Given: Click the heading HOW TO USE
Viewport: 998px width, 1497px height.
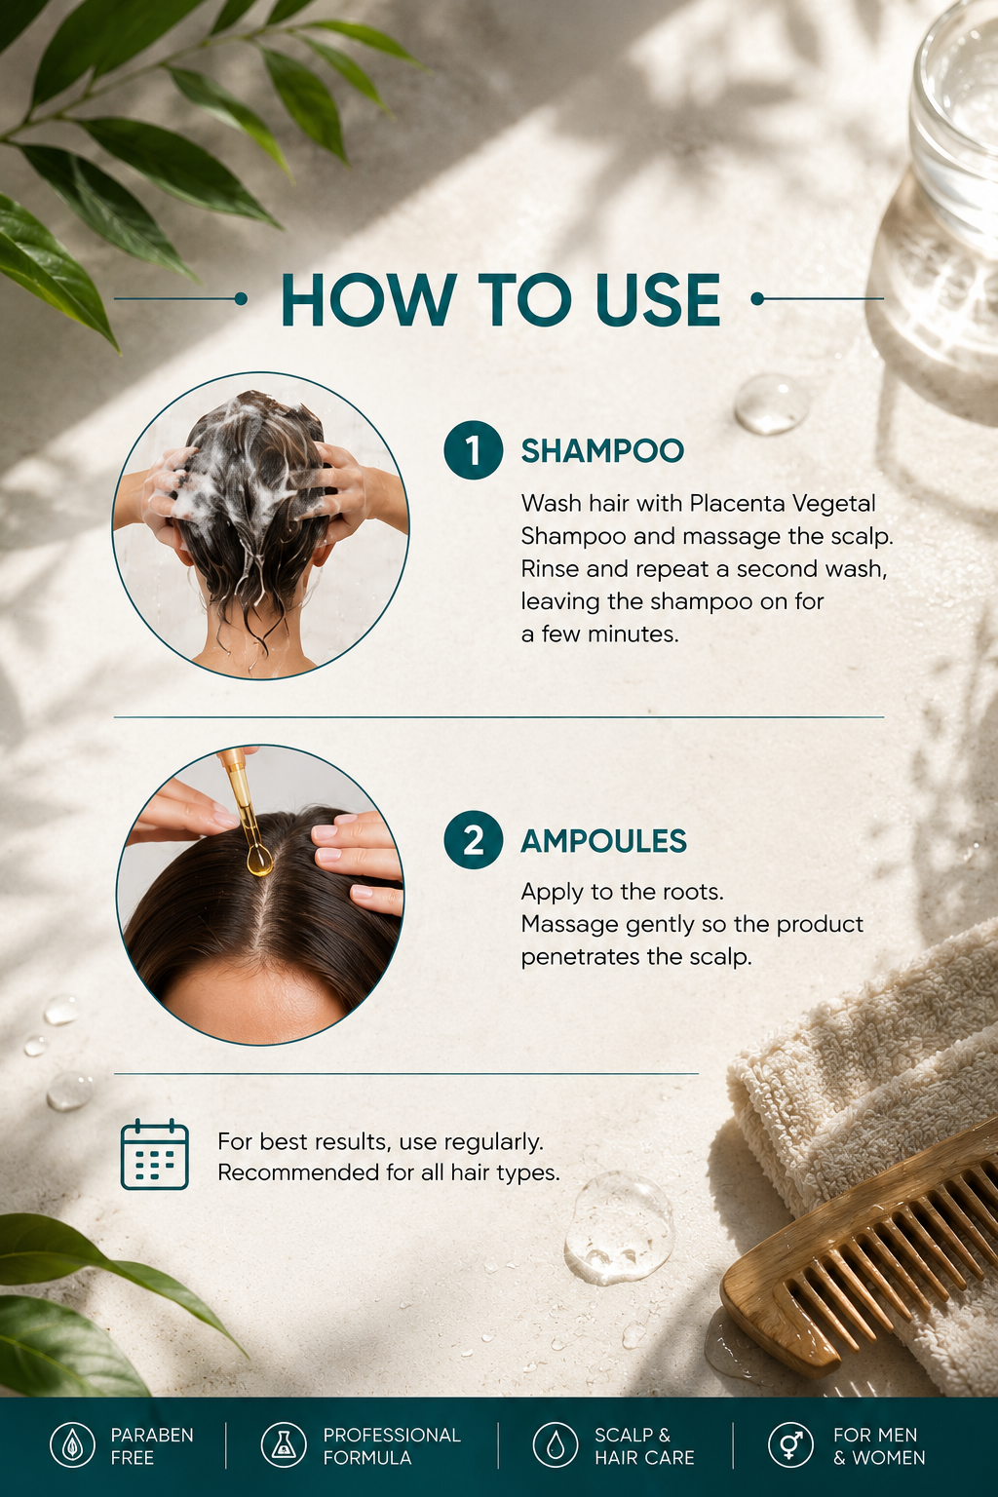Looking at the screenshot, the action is pos(500,300).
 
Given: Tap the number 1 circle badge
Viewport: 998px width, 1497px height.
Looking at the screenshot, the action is pos(474,450).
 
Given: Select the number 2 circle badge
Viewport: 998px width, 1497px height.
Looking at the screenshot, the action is pos(474,840).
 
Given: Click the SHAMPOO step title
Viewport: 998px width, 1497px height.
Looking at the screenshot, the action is pos(602,451).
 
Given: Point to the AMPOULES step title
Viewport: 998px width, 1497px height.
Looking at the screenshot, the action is pos(603,841).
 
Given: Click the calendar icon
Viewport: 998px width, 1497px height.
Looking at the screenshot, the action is pos(154,1154).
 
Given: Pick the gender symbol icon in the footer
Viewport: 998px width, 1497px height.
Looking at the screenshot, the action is pos(790,1445).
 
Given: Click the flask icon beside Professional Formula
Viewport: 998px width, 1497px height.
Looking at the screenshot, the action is pos(284,1445).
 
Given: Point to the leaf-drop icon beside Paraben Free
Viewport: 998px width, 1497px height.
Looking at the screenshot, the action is pos(73,1445).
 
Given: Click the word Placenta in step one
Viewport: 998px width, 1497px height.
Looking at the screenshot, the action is pos(736,503).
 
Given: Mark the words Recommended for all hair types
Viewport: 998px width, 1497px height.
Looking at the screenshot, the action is pos(389,1172).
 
